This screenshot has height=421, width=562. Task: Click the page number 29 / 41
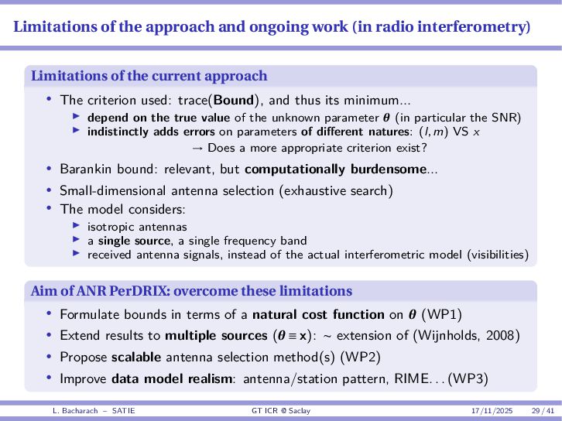[542, 409]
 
